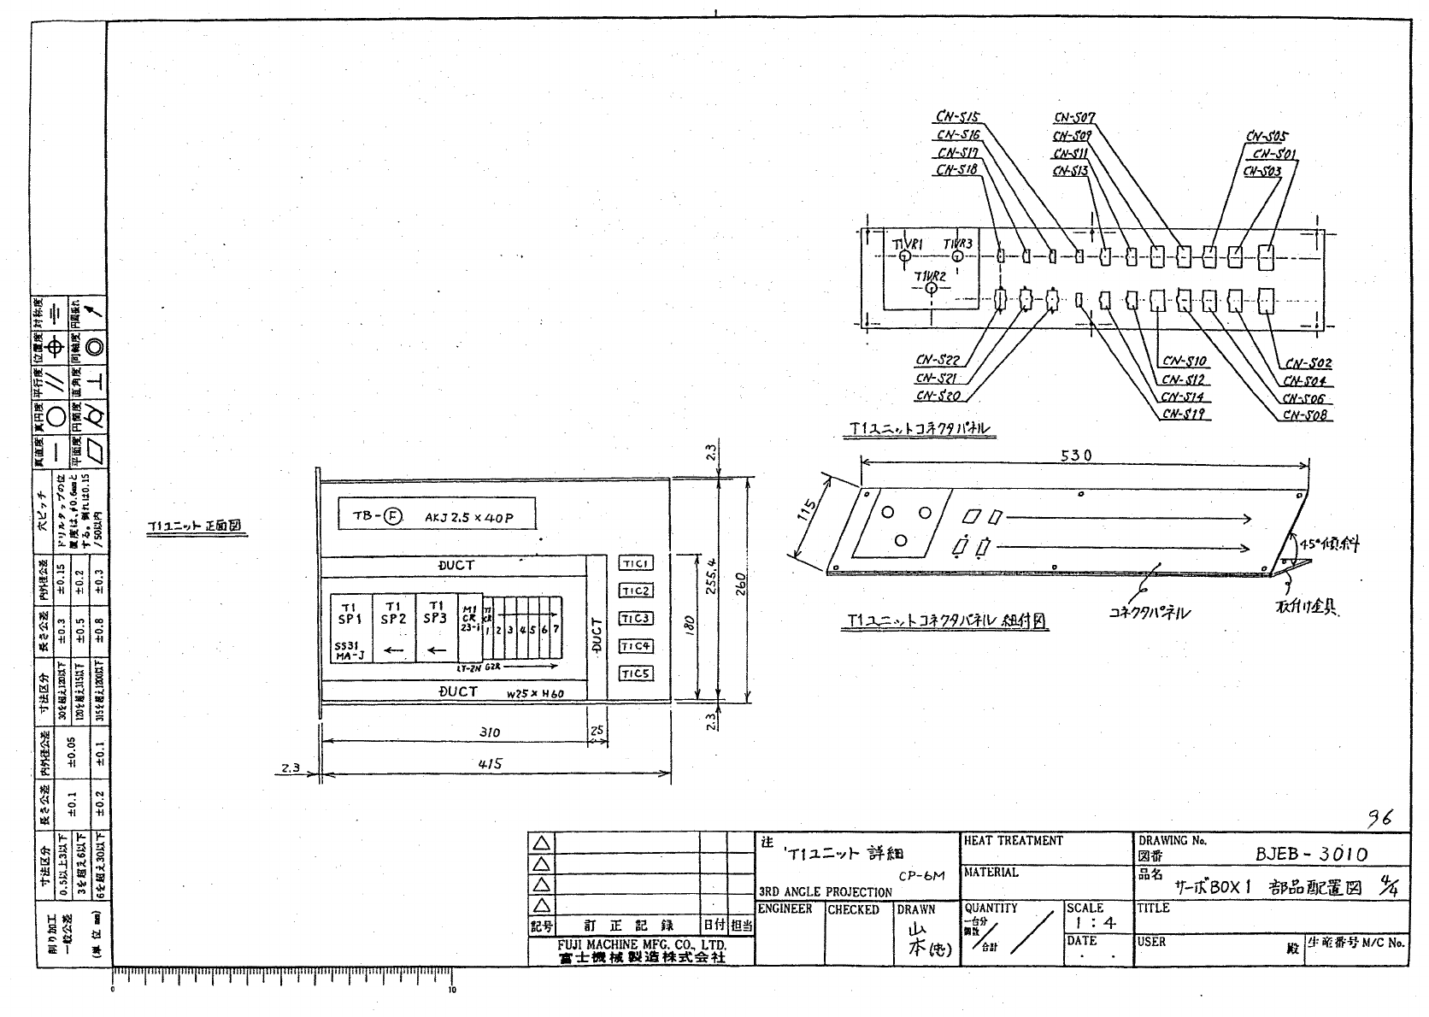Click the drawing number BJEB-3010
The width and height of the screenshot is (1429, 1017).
coord(1311,854)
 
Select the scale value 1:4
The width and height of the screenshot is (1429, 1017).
coord(1096,923)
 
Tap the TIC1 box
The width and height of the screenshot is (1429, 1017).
coord(636,563)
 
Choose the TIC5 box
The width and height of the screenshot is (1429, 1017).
coord(636,673)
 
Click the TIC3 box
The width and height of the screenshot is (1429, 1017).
coord(636,619)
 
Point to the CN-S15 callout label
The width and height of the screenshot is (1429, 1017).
coord(958,117)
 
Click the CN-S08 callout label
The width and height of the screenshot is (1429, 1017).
coord(1305,415)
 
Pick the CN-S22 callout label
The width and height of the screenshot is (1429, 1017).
coord(938,361)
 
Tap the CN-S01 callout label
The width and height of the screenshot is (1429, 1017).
coord(1274,154)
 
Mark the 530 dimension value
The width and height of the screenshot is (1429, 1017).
coord(1075,456)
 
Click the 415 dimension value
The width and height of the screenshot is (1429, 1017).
coord(489,764)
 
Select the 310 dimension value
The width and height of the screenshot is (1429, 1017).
coord(489,732)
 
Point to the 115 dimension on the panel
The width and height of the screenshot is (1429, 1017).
coord(809,515)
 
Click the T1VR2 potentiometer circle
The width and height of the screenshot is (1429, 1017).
coord(931,289)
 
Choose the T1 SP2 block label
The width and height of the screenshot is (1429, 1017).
coord(393,613)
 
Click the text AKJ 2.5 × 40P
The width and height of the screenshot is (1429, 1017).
coord(468,517)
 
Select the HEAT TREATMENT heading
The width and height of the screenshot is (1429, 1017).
coord(1014,841)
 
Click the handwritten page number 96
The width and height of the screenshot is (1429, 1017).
coord(1379,818)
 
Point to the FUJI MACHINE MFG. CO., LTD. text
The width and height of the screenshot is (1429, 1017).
coord(642,945)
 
